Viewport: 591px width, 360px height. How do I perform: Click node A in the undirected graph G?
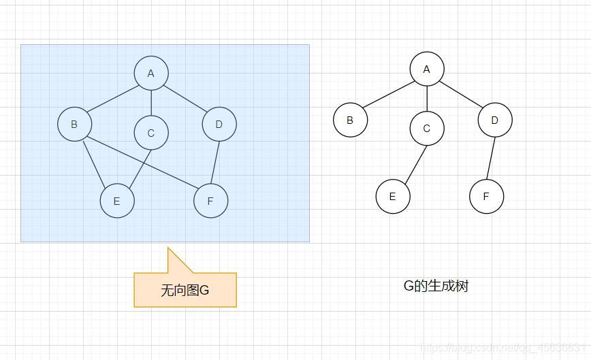click(151, 73)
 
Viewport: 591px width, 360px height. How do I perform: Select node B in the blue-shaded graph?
click(74, 124)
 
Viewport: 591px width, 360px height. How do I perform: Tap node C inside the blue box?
click(151, 133)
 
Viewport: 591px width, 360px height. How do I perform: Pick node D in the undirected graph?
click(219, 124)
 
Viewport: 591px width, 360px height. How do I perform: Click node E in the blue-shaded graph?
click(116, 201)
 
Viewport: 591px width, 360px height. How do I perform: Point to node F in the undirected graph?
click(210, 201)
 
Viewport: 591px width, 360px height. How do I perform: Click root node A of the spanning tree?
click(427, 69)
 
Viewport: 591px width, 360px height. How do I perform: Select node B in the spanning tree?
click(350, 120)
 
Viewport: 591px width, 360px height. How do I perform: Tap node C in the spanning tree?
click(427, 128)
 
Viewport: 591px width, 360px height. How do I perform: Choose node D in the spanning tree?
click(494, 120)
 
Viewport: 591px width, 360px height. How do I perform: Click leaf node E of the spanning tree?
click(392, 196)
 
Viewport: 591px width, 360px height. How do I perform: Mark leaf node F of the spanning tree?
click(486, 196)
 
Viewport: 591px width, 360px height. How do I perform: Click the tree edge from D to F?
click(490, 158)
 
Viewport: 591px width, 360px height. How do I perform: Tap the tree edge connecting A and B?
click(388, 95)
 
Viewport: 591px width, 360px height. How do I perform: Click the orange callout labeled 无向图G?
click(185, 290)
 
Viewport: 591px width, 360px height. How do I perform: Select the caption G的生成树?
click(436, 286)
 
